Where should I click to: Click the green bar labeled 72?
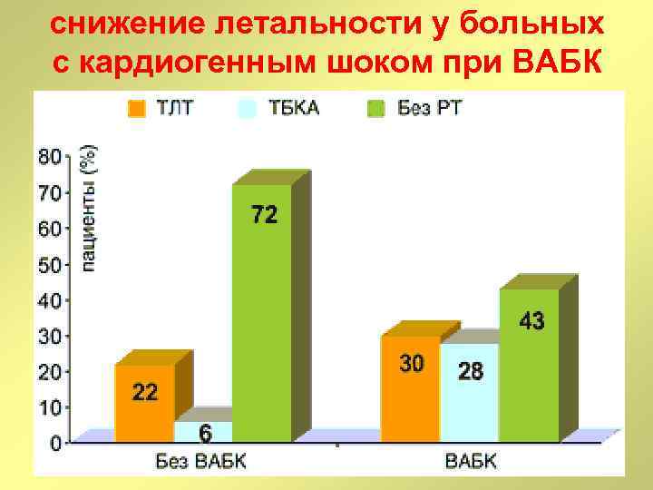pyautogui.click(x=261, y=309)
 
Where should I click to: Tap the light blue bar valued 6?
pyautogui.click(x=203, y=432)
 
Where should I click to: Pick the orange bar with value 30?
pyautogui.click(x=410, y=388)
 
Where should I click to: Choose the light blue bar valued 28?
pyautogui.click(x=470, y=392)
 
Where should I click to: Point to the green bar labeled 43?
pyautogui.click(x=530, y=363)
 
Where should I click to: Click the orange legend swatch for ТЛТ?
pyautogui.click(x=136, y=109)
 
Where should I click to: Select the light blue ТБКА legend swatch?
pyautogui.click(x=247, y=109)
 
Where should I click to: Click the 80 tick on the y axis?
pyautogui.click(x=50, y=156)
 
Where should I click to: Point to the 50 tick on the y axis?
pyautogui.click(x=50, y=265)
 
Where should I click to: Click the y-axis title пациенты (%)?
pyautogui.click(x=89, y=209)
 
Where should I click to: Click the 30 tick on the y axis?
pyautogui.click(x=50, y=337)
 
